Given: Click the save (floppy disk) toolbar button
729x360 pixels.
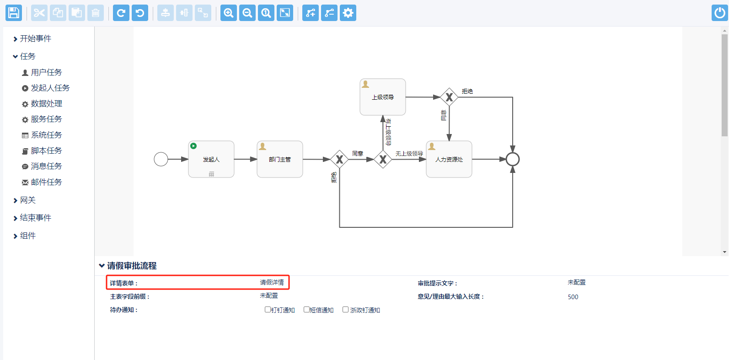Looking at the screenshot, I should (x=14, y=13).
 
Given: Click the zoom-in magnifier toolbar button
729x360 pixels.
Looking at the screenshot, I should (x=229, y=13).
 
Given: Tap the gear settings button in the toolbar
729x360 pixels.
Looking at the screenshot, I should (x=348, y=13).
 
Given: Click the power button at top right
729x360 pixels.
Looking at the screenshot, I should (x=720, y=13).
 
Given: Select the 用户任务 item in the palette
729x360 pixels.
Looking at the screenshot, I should (x=46, y=72).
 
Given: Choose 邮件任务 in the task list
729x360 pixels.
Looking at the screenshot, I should (x=46, y=182).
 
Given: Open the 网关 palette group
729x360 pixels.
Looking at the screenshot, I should (x=27, y=200).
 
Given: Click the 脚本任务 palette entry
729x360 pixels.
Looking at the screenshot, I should (x=46, y=150).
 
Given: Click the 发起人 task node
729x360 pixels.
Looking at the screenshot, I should (x=211, y=159).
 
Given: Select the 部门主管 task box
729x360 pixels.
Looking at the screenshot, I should (x=280, y=159).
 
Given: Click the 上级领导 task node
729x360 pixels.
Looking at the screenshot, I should (x=383, y=97).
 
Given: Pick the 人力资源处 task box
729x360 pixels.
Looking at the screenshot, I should (x=449, y=159).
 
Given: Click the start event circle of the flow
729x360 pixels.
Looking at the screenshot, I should (x=161, y=159).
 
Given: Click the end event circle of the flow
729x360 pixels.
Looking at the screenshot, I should (x=513, y=159).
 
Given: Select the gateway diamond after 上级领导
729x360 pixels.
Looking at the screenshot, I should (x=449, y=97).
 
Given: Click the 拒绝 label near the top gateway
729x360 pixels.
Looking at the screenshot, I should (x=467, y=91).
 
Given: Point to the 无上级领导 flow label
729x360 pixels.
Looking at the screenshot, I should (x=409, y=154).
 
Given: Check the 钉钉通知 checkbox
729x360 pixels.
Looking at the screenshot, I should (x=268, y=310).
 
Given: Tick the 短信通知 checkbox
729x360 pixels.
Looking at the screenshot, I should (x=306, y=310).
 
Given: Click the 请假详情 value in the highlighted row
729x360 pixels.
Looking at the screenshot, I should (x=272, y=283).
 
